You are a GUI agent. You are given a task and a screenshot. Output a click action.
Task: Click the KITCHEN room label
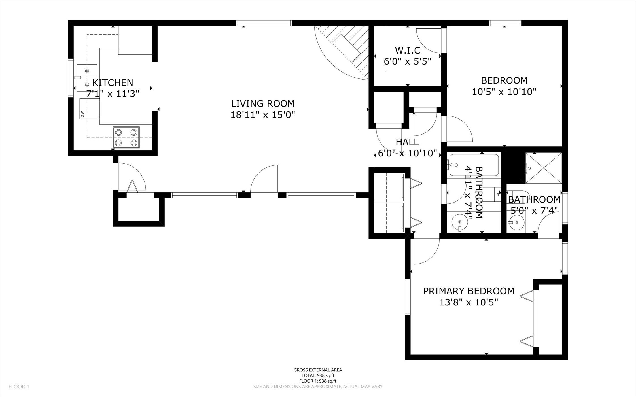113,82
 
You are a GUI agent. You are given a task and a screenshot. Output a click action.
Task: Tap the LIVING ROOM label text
263,103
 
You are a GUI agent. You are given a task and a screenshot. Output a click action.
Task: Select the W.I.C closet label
408,50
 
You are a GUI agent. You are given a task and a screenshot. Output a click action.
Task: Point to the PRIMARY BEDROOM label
468,291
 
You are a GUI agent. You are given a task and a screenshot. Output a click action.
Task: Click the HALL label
407,142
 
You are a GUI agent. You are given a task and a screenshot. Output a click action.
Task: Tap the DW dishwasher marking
82,114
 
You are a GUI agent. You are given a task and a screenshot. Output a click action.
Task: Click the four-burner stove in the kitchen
126,137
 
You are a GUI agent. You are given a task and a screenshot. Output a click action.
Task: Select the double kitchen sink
87,78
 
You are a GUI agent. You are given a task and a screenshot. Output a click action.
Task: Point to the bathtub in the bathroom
474,165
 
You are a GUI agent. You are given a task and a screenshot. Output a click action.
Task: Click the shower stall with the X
543,168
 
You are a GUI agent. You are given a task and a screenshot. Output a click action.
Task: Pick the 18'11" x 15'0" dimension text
263,115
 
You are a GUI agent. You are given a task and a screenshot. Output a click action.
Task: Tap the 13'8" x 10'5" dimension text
468,302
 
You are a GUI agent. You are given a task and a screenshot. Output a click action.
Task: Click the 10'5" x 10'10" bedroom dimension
504,92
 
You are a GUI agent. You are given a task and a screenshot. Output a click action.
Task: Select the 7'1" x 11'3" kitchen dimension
113,94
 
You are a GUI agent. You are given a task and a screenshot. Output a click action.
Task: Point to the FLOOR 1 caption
19,387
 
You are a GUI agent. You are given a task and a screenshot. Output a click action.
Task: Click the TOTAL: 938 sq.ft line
318,375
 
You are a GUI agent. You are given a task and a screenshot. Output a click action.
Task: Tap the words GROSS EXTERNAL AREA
318,370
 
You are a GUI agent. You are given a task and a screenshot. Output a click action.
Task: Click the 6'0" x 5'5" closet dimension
408,61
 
